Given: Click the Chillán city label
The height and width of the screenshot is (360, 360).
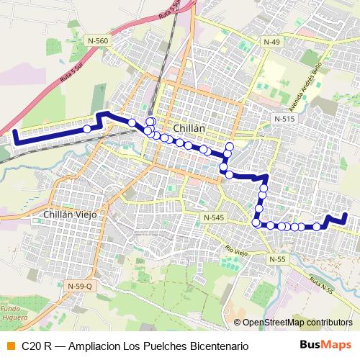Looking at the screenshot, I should coord(189,128).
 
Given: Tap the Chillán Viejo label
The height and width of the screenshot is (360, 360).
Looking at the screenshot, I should coord(70,215).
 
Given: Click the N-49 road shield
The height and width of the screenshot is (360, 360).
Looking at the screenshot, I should coord(271,42).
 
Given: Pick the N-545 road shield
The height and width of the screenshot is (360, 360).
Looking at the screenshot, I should coord(214,217).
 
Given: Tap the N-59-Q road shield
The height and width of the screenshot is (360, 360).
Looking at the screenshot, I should coord(80,287).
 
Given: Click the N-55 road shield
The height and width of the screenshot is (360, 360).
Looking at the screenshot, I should coord(277,258).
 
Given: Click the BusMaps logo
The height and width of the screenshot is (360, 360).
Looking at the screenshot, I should coord(325,345).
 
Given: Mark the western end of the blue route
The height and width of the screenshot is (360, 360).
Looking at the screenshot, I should coord(15,132).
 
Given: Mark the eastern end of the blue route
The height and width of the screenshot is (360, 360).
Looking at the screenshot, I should coord(346,215).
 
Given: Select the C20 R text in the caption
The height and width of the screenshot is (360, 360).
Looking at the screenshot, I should coord(36,346).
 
